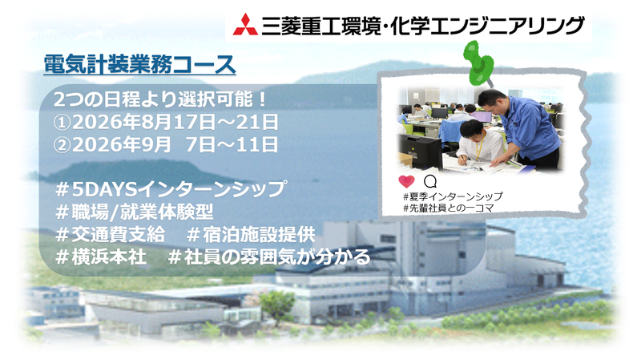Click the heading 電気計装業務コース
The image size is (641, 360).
point(142,62)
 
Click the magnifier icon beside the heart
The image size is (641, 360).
point(429,180)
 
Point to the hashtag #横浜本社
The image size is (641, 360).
point(99,257)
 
